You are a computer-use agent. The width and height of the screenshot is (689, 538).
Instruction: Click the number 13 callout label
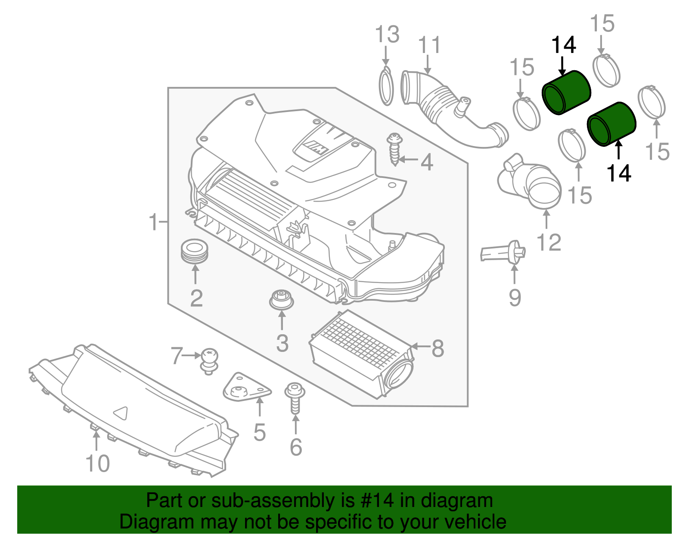(x=387, y=34)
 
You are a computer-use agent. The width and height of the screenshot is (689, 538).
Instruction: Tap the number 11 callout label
(x=429, y=45)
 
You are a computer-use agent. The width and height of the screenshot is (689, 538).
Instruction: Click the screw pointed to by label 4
(x=394, y=149)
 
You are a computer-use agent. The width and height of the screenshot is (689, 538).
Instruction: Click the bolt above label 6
(x=295, y=398)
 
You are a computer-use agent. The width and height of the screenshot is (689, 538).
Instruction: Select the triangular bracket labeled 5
(x=246, y=388)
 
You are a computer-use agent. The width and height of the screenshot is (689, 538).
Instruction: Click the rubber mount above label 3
(x=281, y=299)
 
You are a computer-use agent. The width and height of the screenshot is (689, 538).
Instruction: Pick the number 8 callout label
(x=438, y=348)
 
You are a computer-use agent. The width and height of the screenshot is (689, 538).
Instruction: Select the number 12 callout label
(x=549, y=243)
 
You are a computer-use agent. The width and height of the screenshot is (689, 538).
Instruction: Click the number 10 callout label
(x=98, y=463)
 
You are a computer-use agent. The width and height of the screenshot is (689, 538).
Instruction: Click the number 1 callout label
(x=153, y=222)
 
